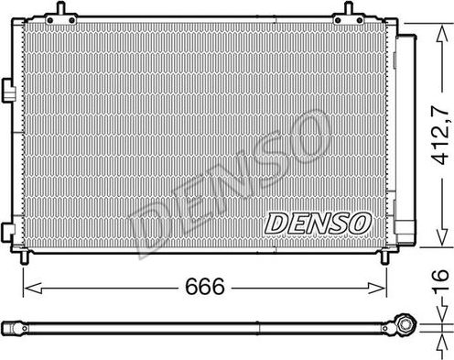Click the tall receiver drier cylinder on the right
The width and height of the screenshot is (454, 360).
pos(402,137)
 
